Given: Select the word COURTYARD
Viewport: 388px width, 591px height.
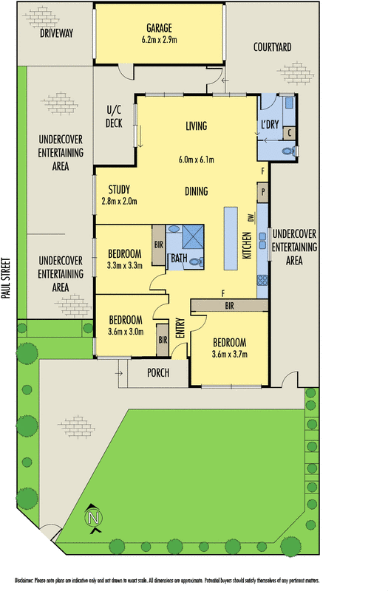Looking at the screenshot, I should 272,47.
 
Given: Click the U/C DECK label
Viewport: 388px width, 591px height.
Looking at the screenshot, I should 114,117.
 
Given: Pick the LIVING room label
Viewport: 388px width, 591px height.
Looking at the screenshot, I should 196,126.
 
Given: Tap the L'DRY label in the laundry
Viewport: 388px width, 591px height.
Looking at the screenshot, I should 270,125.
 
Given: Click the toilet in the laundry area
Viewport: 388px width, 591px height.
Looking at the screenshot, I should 292,151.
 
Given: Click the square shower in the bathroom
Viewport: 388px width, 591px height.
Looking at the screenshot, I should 196,237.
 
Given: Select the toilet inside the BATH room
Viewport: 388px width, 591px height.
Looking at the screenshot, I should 195,261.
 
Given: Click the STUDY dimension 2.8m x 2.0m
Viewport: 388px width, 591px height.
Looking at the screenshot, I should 119,201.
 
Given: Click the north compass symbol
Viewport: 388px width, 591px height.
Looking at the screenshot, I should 94,518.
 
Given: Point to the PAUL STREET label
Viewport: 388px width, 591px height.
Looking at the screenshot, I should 6,277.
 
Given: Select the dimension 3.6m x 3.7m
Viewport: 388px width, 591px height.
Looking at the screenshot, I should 228,355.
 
